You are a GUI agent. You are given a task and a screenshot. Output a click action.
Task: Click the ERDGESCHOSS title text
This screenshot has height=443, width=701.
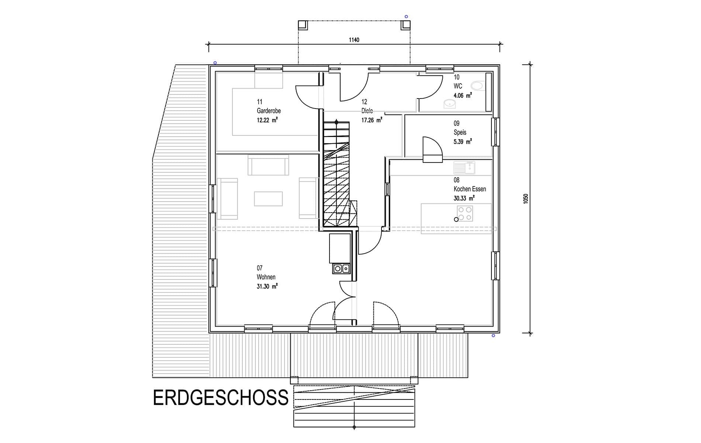(x=221, y=397)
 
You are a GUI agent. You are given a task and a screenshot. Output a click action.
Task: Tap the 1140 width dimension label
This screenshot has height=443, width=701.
(x=354, y=40)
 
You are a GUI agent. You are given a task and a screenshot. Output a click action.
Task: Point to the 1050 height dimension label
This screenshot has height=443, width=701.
(x=526, y=198)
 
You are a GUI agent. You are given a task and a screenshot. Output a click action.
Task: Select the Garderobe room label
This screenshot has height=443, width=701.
(x=269, y=111)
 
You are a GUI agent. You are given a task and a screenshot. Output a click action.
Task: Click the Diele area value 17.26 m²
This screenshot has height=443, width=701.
(x=372, y=120)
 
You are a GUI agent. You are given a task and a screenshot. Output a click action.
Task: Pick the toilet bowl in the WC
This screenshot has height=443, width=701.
(x=477, y=86)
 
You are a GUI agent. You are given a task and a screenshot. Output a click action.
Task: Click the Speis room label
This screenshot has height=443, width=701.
(x=460, y=132)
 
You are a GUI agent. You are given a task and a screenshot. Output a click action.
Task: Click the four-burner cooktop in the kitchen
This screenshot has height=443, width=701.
(x=465, y=213)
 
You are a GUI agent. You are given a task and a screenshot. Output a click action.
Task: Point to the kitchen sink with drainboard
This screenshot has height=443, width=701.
(x=464, y=168)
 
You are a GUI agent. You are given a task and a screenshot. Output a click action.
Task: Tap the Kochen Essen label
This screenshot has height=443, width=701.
(x=470, y=189)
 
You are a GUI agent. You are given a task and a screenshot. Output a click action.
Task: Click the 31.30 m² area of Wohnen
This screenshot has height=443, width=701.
(x=267, y=286)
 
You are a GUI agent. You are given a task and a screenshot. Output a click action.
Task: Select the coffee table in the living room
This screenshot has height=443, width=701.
(x=268, y=199)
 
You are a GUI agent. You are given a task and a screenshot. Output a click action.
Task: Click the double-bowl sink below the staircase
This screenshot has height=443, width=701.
(x=341, y=268)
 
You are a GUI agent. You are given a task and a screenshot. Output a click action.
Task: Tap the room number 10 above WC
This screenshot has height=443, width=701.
(x=456, y=77)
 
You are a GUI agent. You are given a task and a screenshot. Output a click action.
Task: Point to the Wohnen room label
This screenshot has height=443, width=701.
(x=266, y=277)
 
